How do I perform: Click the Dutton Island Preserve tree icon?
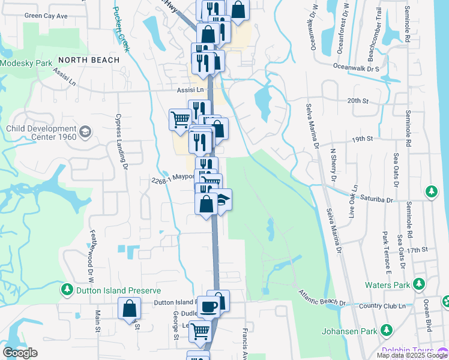67,290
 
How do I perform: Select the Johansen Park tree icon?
387,330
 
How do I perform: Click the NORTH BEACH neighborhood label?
89,60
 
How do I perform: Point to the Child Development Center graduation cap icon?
85,131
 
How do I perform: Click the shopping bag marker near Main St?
130,309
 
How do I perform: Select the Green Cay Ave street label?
46,16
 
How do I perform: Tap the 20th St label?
358,100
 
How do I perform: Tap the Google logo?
20,353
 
